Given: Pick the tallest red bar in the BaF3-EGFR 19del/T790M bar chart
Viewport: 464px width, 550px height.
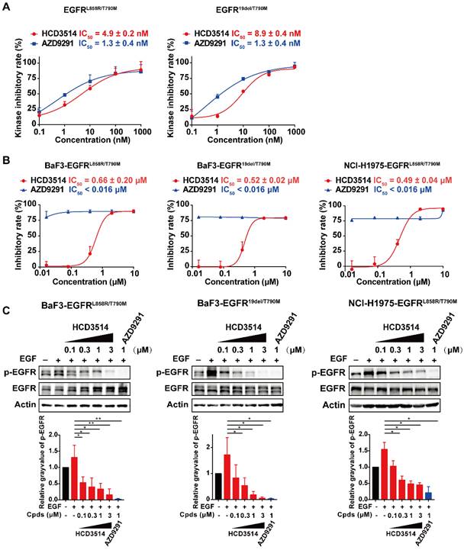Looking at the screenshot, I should point(227,465).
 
